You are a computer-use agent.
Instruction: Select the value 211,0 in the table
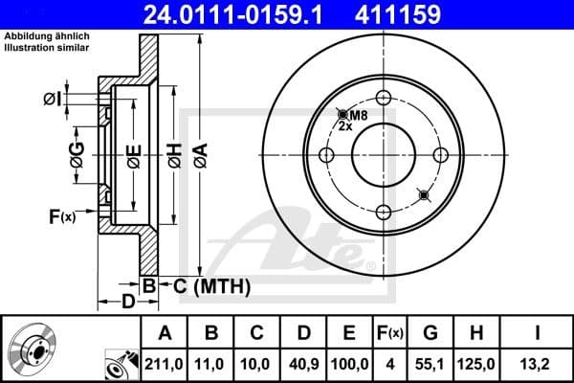pyautogui.click(x=166, y=364)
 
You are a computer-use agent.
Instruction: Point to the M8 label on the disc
pyautogui.click(x=357, y=116)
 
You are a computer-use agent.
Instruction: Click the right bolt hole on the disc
pyautogui.click(x=441, y=155)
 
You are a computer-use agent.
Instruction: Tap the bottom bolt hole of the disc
pyautogui.click(x=383, y=214)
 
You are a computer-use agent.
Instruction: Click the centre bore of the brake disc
pyautogui.click(x=383, y=155)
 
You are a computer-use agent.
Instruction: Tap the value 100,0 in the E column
pyautogui.click(x=348, y=364)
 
